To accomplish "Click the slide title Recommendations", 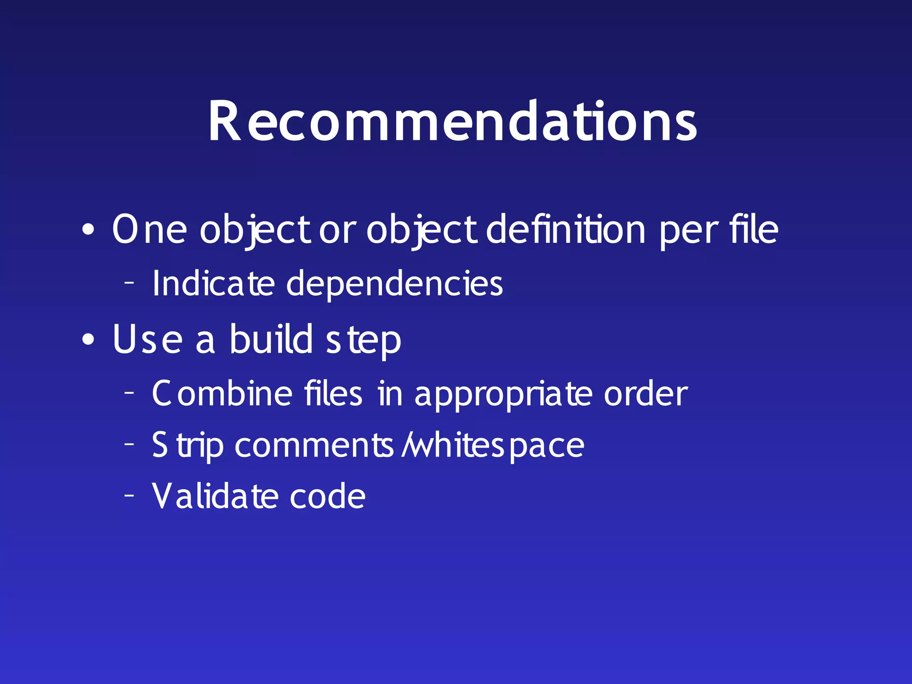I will pyautogui.click(x=452, y=121).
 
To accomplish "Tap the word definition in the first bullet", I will pyautogui.click(x=566, y=229).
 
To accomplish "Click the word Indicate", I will pyautogui.click(x=213, y=283).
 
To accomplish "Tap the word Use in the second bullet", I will pyautogui.click(x=147, y=339).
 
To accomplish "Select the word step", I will pyautogui.click(x=363, y=341).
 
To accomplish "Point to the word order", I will pyautogui.click(x=646, y=394).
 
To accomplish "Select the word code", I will pyautogui.click(x=327, y=496).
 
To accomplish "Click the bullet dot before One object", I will pyautogui.click(x=88, y=230).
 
